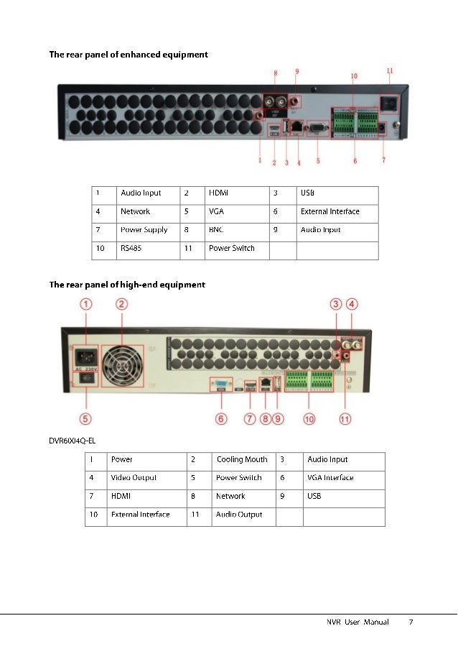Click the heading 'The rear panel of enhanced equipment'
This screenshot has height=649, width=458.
pos(128,55)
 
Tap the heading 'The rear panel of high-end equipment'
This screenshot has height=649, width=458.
pos(127,285)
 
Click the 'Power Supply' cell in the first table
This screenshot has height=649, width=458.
pos(144,230)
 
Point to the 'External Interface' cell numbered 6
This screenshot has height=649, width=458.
pos(330,212)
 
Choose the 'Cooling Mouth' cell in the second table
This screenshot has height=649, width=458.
pos(241,459)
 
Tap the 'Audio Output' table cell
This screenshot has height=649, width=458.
pos(239,515)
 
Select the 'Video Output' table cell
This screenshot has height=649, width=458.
pos(134,477)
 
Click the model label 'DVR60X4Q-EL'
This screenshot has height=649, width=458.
pos(72,441)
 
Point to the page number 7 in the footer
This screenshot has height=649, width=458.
pos(411,622)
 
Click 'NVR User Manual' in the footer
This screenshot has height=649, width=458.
pos(353,622)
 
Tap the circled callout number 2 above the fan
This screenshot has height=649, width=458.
pos(123,304)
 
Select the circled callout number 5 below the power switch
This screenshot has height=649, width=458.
pos(85,418)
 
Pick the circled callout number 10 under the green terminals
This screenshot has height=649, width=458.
pos(309,418)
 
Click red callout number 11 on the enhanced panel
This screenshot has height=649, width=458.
pos(390,71)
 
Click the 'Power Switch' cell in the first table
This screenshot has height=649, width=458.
pos(231,248)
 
